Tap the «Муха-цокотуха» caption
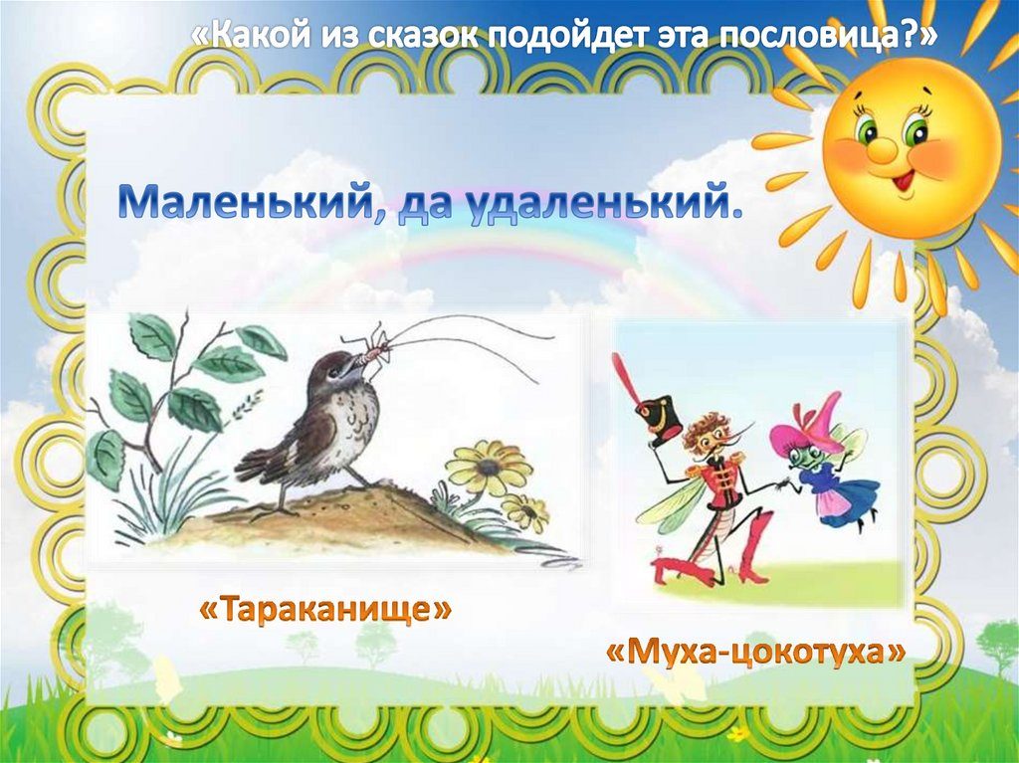point(756,652)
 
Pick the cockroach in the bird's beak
point(376,348)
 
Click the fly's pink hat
point(804,425)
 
